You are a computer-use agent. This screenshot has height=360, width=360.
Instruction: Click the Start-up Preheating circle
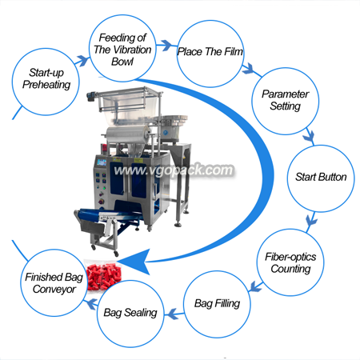click(x=46, y=82)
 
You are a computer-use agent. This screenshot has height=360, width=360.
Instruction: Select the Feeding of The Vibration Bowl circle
click(x=122, y=48)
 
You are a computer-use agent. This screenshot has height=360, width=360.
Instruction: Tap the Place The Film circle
click(x=210, y=54)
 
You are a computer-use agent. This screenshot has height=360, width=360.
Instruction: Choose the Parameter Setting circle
click(x=286, y=101)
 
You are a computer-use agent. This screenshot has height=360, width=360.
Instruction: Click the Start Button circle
click(x=321, y=178)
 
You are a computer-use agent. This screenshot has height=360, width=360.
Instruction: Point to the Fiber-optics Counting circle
click(x=290, y=262)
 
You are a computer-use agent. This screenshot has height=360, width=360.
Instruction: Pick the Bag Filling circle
click(x=217, y=304)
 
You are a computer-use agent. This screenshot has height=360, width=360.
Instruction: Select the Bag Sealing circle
click(x=130, y=314)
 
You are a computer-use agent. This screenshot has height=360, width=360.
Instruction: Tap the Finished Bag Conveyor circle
click(x=54, y=282)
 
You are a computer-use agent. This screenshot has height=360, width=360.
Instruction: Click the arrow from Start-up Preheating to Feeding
click(x=82, y=61)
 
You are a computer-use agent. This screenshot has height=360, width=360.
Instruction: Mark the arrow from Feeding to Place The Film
click(x=167, y=45)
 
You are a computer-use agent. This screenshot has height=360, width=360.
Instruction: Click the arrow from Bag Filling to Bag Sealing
click(x=174, y=314)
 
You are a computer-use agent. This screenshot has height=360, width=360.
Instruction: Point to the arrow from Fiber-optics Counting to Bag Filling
click(x=256, y=286)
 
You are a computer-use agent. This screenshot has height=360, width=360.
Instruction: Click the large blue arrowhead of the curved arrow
click(x=134, y=262)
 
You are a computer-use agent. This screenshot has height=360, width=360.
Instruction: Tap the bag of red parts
click(x=102, y=275)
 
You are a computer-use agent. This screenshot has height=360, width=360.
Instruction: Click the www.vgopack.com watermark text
click(x=174, y=170)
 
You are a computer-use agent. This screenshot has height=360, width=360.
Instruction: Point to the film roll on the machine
click(x=128, y=134)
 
